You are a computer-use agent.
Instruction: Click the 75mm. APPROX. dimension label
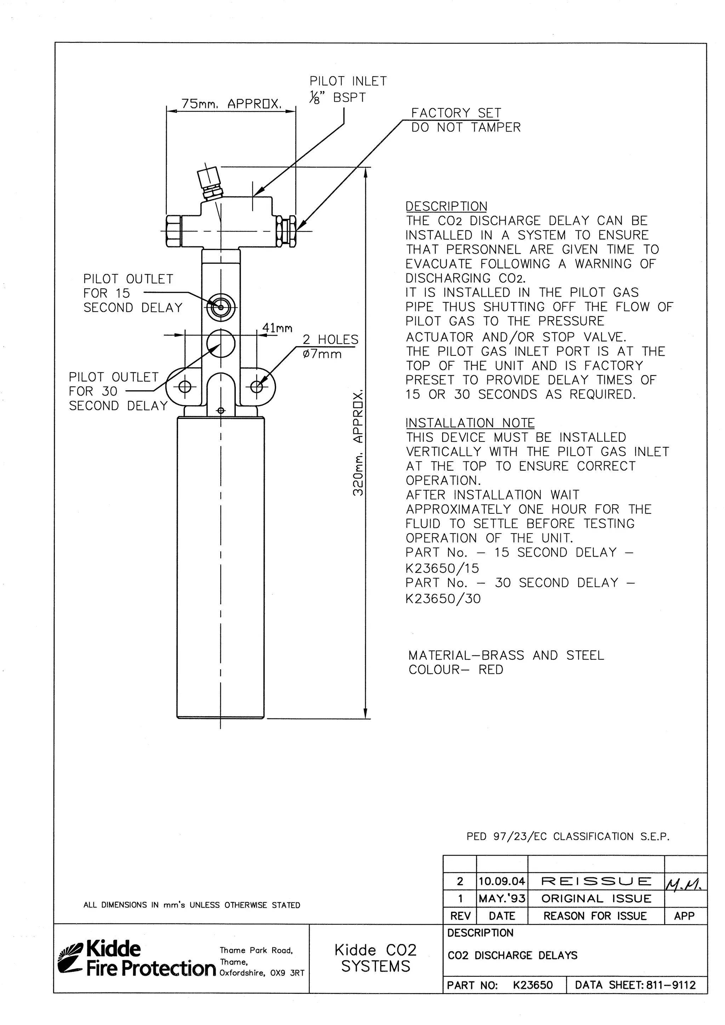(231, 104)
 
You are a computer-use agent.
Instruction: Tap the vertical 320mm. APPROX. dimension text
(358, 444)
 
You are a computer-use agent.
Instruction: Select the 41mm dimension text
(277, 328)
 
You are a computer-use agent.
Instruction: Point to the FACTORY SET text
(456, 113)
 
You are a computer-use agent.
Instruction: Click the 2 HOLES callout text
(330, 340)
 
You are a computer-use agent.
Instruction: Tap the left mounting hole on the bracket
(185, 387)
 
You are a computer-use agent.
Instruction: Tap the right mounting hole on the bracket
(257, 387)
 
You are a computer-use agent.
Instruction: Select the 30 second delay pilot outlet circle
(221, 344)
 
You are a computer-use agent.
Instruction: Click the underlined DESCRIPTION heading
(446, 206)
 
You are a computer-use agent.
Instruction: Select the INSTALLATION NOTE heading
(470, 423)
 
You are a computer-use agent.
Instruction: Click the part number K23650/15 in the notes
(442, 568)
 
